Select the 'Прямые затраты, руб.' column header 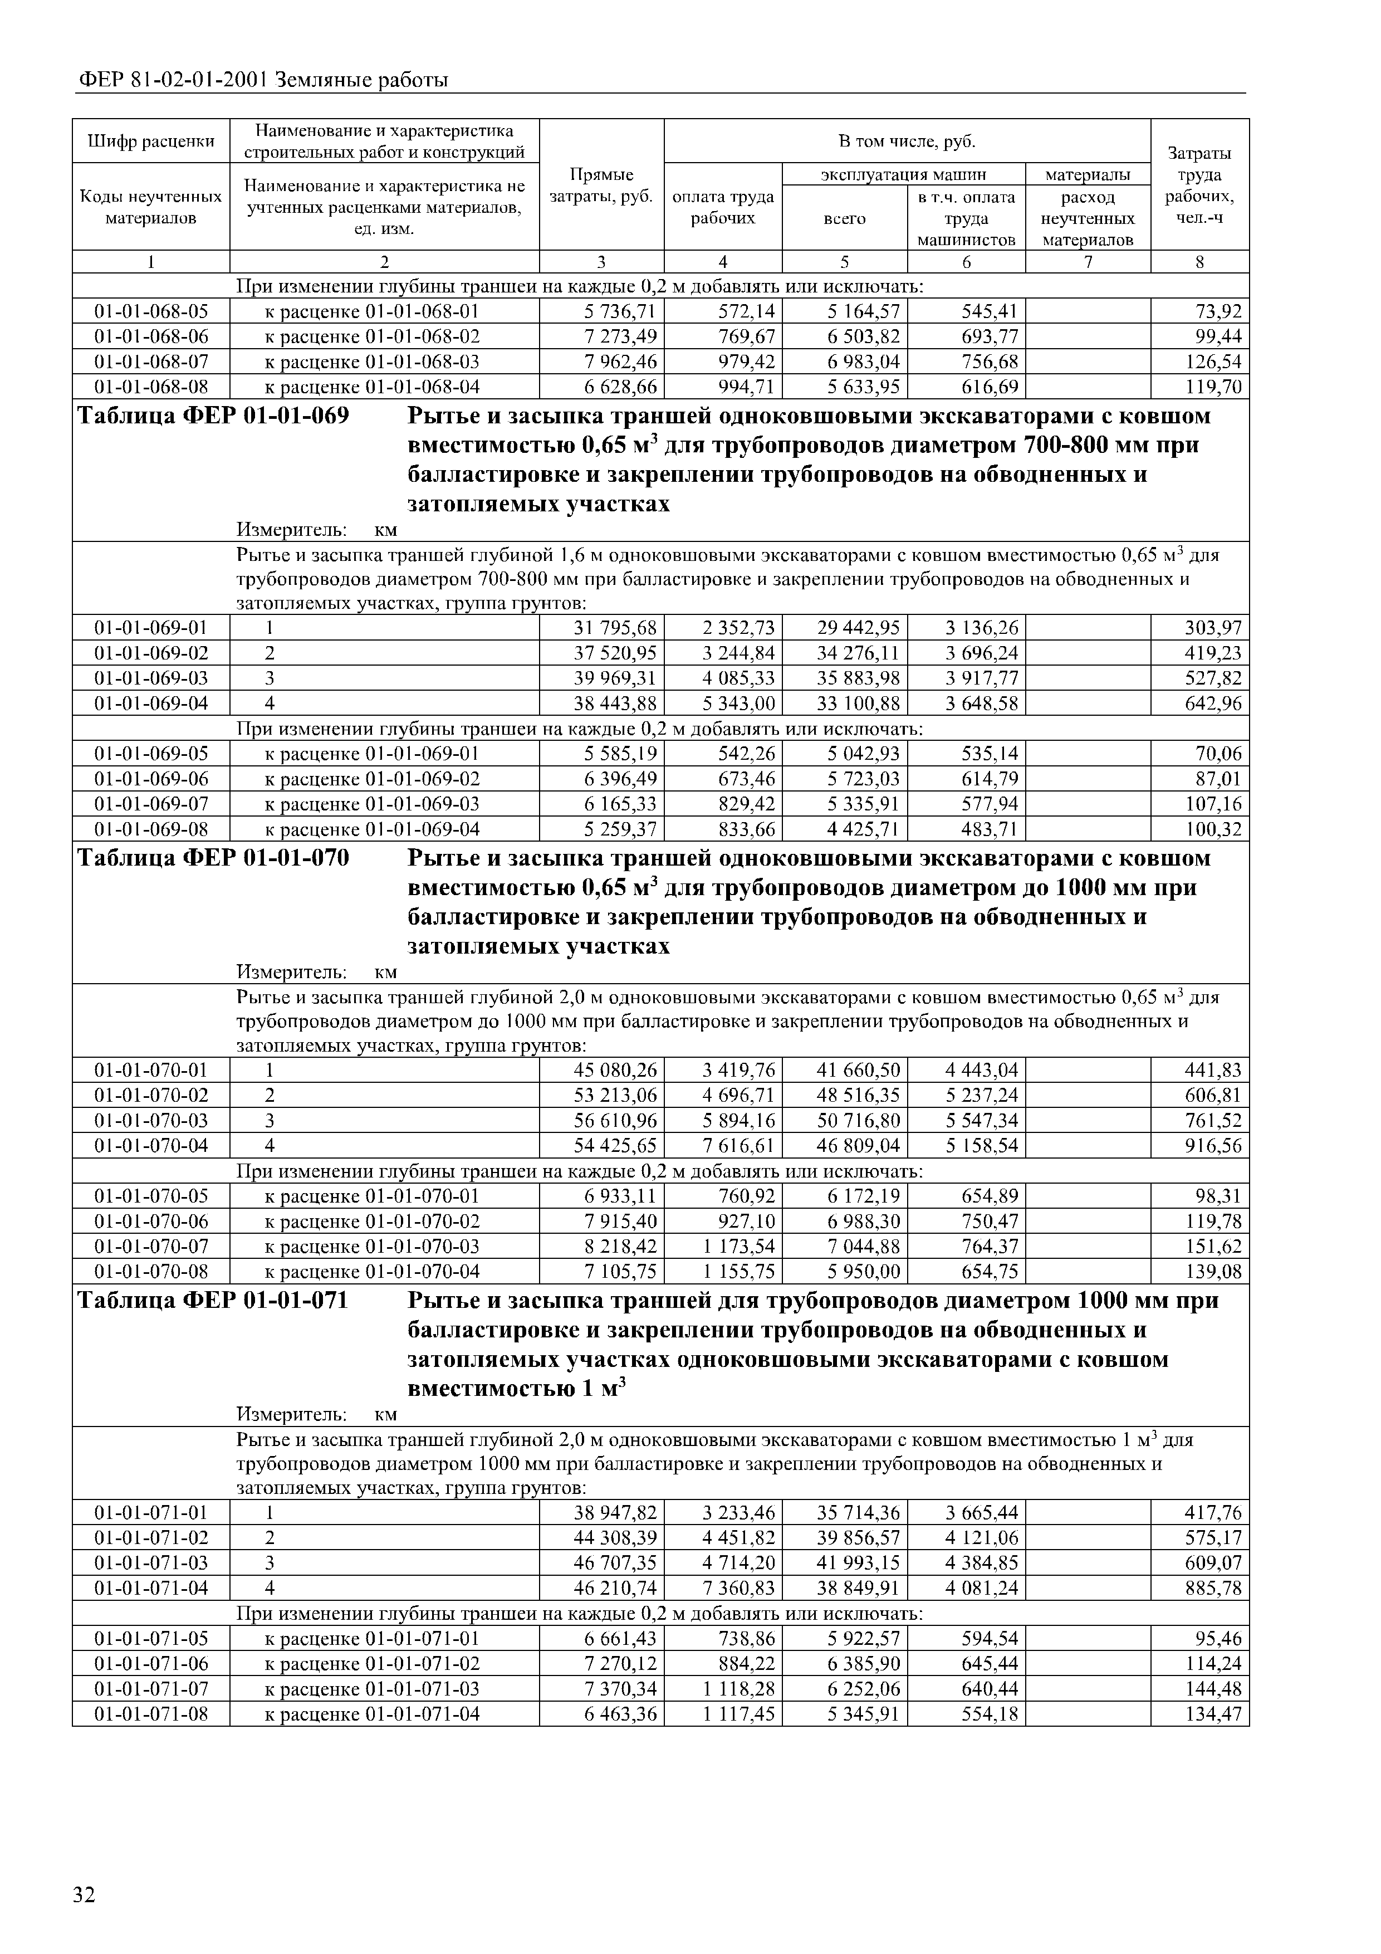coord(601,185)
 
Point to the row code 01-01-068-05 coord(150,311)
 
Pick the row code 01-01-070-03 coord(150,1120)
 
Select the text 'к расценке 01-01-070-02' coord(372,1221)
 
